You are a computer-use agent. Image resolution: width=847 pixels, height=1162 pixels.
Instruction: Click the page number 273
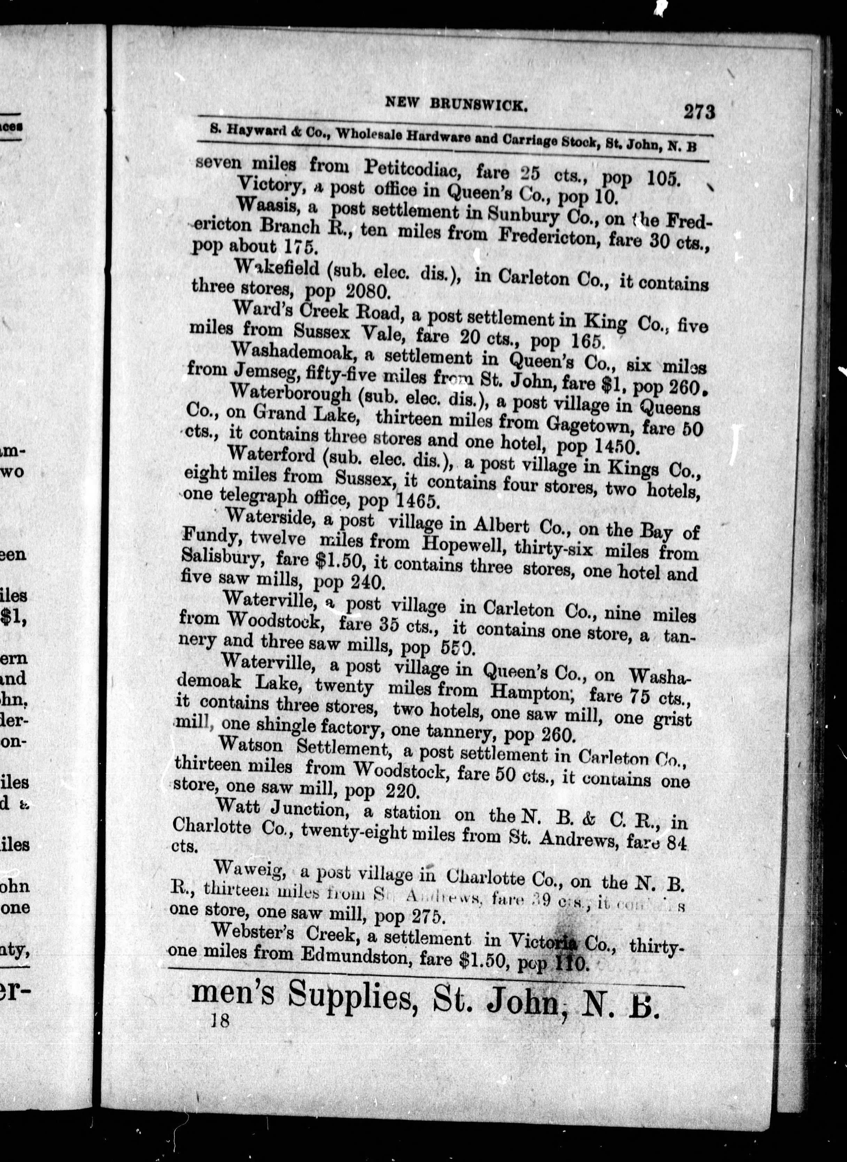click(x=698, y=111)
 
